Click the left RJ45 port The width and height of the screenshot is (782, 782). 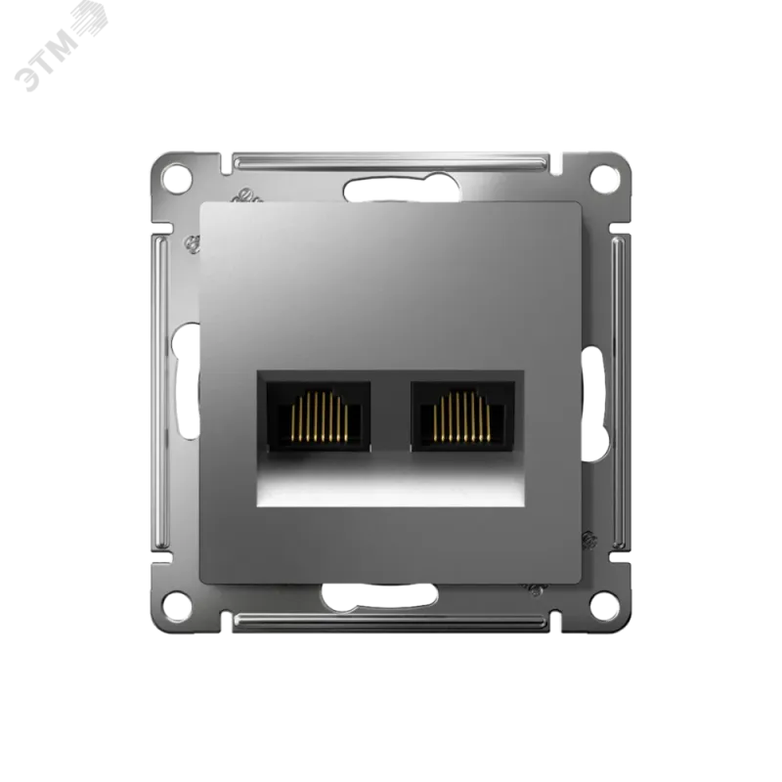pyautogui.click(x=319, y=416)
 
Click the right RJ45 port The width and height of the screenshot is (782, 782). pyautogui.click(x=462, y=416)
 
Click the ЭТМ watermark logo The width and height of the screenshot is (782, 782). pyautogui.click(x=60, y=48)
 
